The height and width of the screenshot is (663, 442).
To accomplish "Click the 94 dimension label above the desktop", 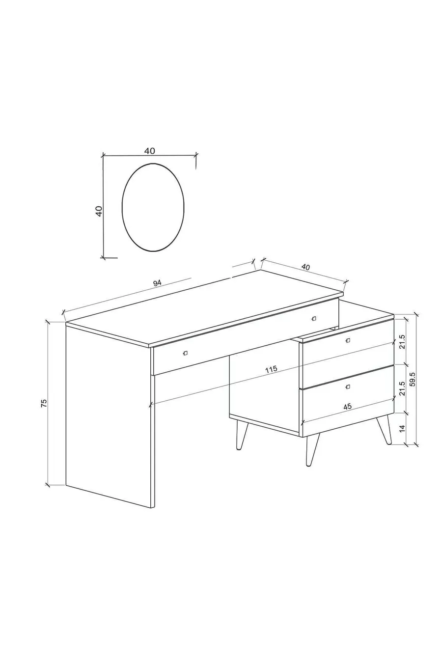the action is [x=157, y=283].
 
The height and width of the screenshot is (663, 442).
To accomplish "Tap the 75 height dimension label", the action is [x=44, y=403].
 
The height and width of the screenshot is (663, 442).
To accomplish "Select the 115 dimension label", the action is [x=271, y=369].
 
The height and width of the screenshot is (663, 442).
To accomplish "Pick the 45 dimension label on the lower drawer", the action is [x=347, y=407].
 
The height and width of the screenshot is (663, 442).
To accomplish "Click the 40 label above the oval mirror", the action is [x=149, y=151].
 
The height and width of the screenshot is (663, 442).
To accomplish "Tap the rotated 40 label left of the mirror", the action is [x=99, y=211].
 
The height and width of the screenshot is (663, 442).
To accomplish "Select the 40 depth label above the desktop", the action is [x=305, y=267].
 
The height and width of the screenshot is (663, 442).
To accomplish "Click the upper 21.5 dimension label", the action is [x=402, y=342].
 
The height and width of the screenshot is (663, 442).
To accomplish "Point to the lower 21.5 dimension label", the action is [x=402, y=388].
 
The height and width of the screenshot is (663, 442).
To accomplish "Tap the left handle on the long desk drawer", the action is [x=186, y=353].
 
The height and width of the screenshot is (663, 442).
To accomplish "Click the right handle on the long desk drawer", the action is [x=314, y=318].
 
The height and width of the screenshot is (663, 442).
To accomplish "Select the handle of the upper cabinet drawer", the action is [x=348, y=340].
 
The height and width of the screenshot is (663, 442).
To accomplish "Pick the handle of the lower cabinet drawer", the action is [x=348, y=387].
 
